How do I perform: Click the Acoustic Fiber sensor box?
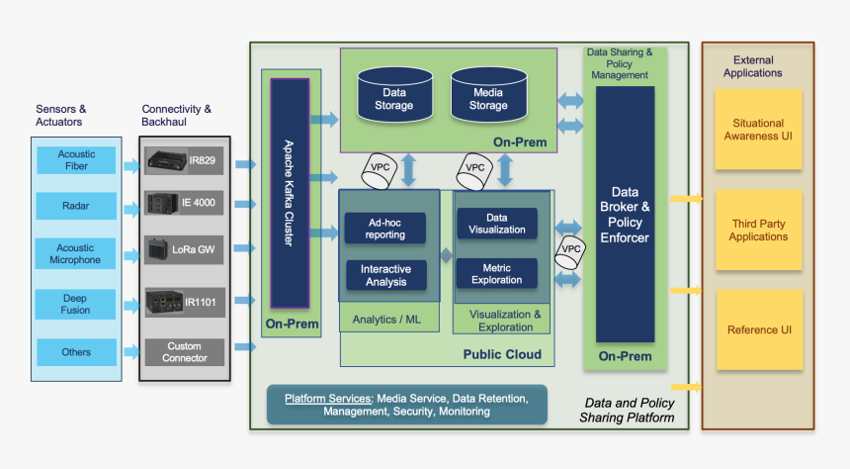pyautogui.click(x=77, y=160)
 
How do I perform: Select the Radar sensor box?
pyautogui.click(x=77, y=206)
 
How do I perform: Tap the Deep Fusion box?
pyautogui.click(x=77, y=304)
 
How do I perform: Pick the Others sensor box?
pyautogui.click(x=77, y=352)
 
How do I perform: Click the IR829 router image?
pyautogui.click(x=165, y=159)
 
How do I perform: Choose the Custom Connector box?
pyautogui.click(x=185, y=352)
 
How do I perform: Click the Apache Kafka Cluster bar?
pyautogui.click(x=291, y=194)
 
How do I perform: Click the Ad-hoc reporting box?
pyautogui.click(x=384, y=228)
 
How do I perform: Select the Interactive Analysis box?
pyautogui.click(x=384, y=275)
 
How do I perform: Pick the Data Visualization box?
pyautogui.click(x=497, y=223)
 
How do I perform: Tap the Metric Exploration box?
pyautogui.click(x=497, y=273)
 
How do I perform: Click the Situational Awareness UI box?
pyautogui.click(x=758, y=130)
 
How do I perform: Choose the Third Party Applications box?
pyautogui.click(x=758, y=231)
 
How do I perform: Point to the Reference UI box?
pyautogui.click(x=758, y=330)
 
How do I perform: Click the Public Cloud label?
pyautogui.click(x=501, y=354)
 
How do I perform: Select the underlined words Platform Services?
pyautogui.click(x=326, y=398)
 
